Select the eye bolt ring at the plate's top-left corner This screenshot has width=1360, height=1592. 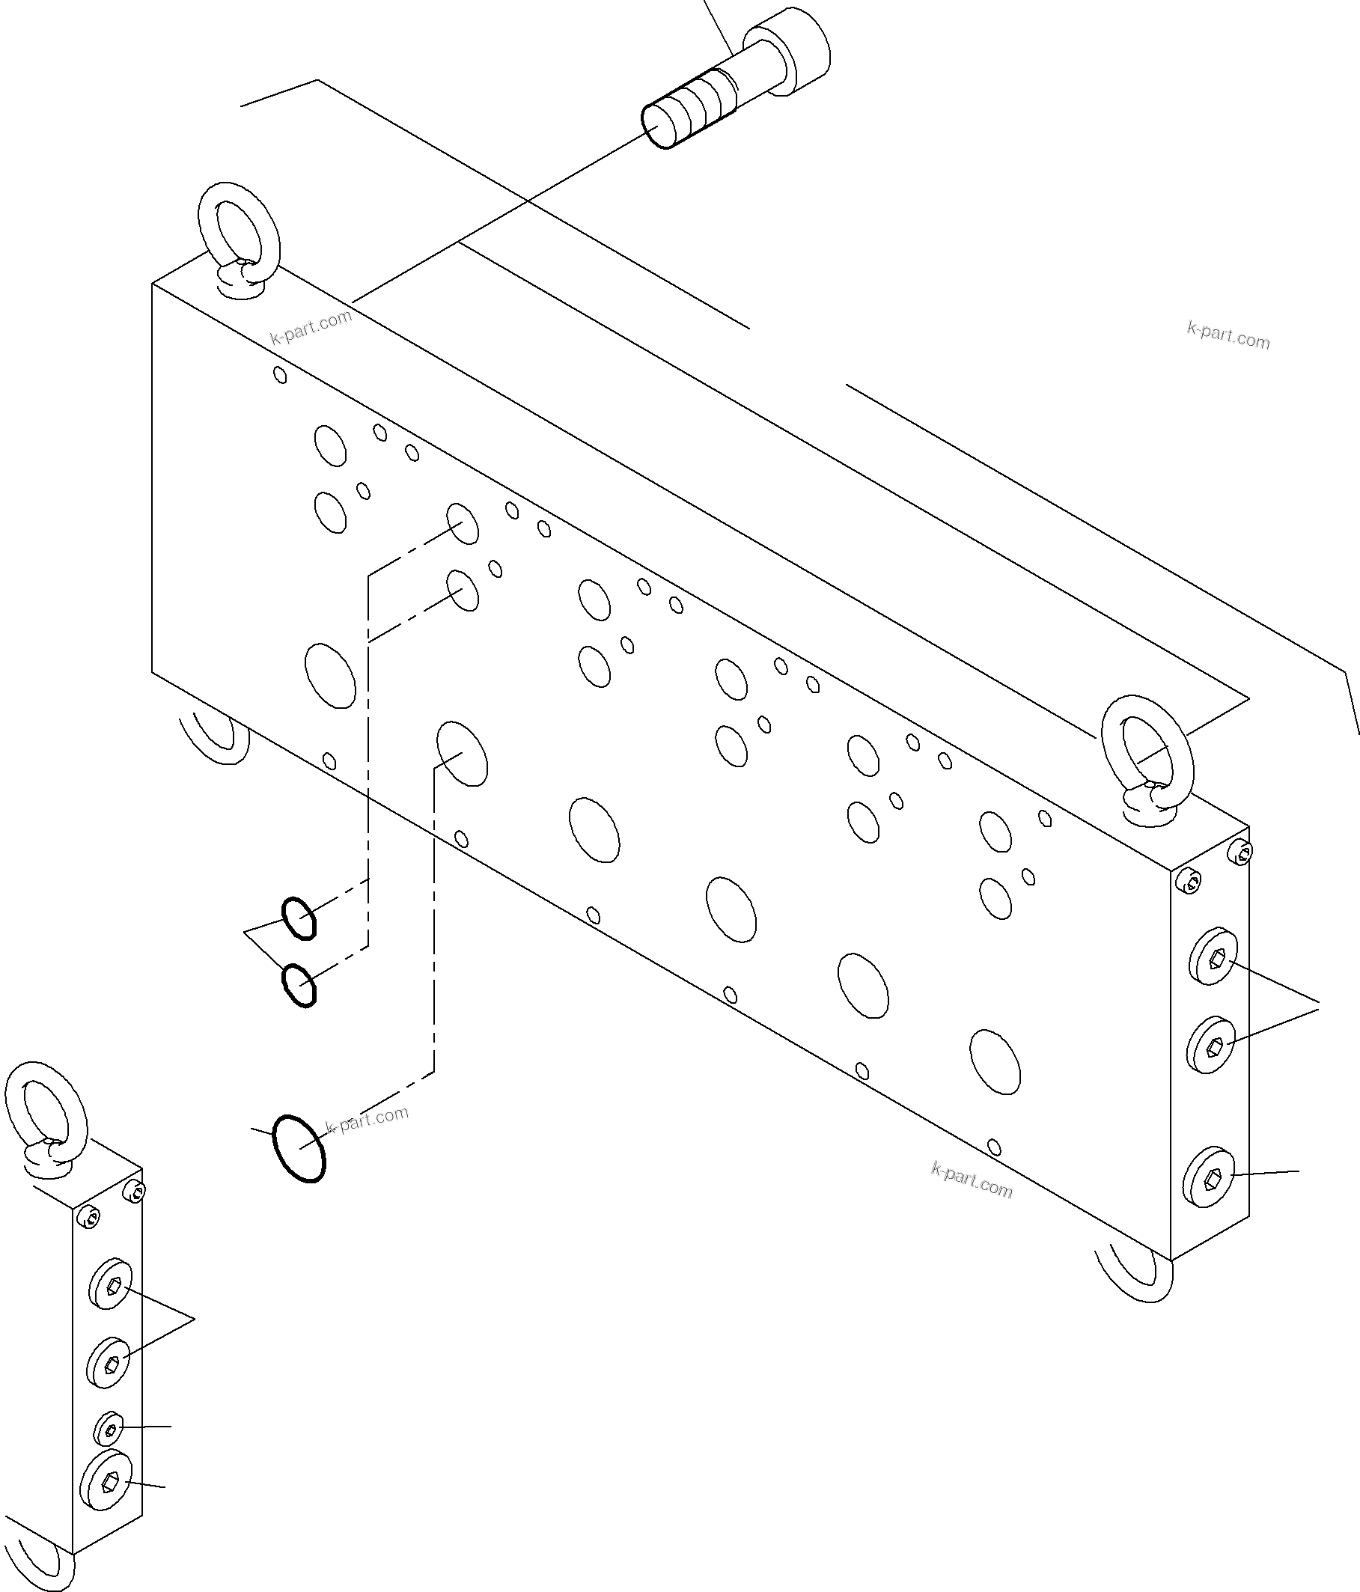tap(239, 231)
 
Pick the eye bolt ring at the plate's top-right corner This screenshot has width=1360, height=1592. tap(1145, 753)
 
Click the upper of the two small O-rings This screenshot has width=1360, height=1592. tap(298, 918)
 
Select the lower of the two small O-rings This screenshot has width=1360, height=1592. tap(298, 984)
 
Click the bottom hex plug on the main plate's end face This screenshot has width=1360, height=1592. tap(1208, 1198)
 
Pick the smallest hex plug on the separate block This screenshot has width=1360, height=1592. tap(109, 1427)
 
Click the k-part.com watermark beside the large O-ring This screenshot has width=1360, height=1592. tap(367, 1120)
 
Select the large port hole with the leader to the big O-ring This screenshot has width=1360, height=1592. tap(462, 753)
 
